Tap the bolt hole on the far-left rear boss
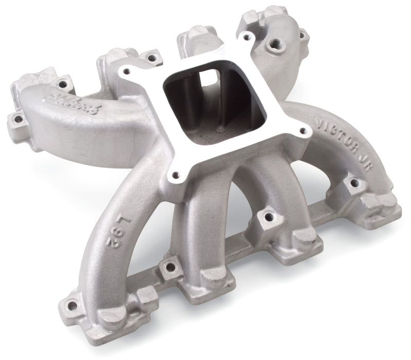[x=18, y=120]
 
